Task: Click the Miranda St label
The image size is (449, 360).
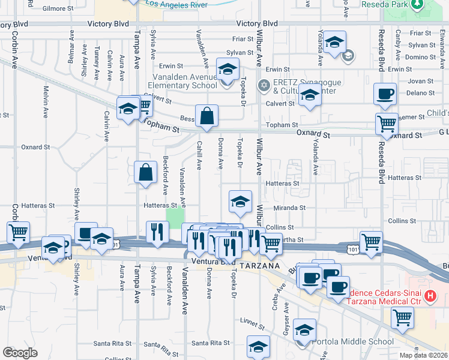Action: (x=290, y=208)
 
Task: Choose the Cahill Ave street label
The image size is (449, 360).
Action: (x=199, y=155)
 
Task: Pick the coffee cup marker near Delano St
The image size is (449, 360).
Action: (x=385, y=93)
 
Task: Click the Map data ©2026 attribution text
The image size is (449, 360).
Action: (x=424, y=355)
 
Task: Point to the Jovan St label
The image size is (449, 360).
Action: (x=420, y=81)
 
